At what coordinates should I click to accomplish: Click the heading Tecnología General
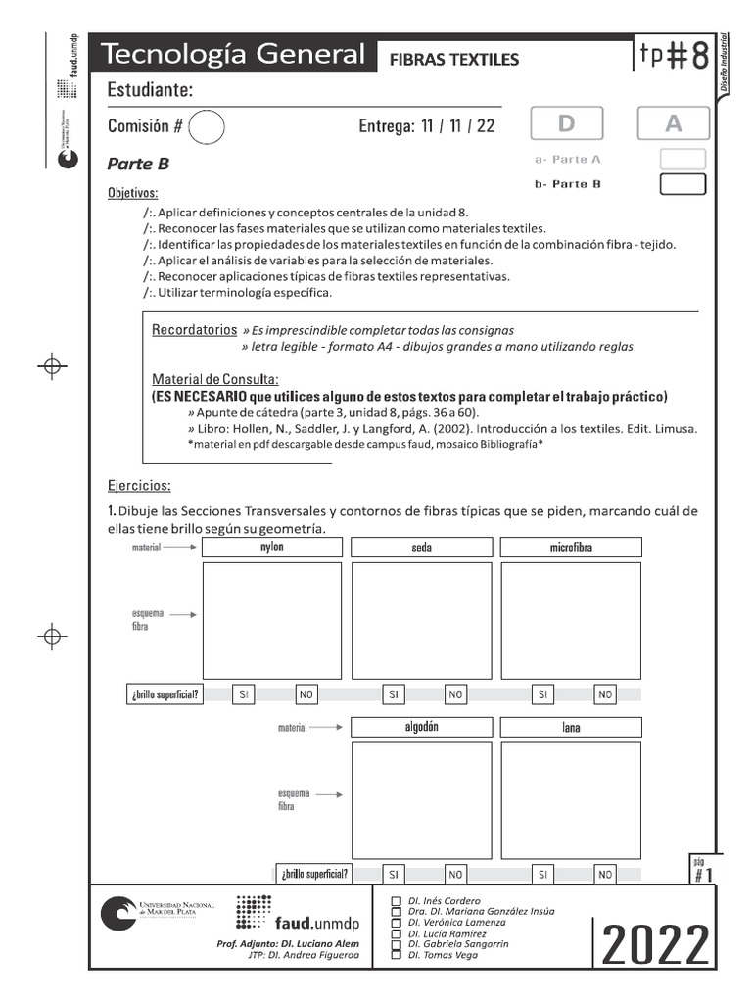pyautogui.click(x=233, y=55)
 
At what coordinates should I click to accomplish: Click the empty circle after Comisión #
pyautogui.click(x=206, y=126)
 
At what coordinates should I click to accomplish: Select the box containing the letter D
pyautogui.click(x=566, y=123)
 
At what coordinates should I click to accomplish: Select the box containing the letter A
pyautogui.click(x=673, y=123)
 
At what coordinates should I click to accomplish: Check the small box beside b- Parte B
pyautogui.click(x=682, y=184)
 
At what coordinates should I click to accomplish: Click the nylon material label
pyautogui.click(x=271, y=548)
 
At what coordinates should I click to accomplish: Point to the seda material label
pyautogui.click(x=421, y=548)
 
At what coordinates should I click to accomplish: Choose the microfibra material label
pyautogui.click(x=571, y=548)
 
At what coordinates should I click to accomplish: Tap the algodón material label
pyautogui.click(x=421, y=727)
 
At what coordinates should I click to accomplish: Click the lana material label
pyautogui.click(x=571, y=727)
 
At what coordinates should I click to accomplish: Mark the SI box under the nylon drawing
pyautogui.click(x=244, y=694)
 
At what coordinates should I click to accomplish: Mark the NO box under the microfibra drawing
pyautogui.click(x=605, y=694)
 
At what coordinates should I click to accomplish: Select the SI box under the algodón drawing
pyautogui.click(x=393, y=873)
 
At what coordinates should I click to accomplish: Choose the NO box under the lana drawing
pyautogui.click(x=605, y=873)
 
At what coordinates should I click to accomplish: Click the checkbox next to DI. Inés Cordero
pyautogui.click(x=396, y=901)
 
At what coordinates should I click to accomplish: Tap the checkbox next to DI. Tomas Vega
pyautogui.click(x=396, y=954)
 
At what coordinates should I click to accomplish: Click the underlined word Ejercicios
pyautogui.click(x=139, y=485)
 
